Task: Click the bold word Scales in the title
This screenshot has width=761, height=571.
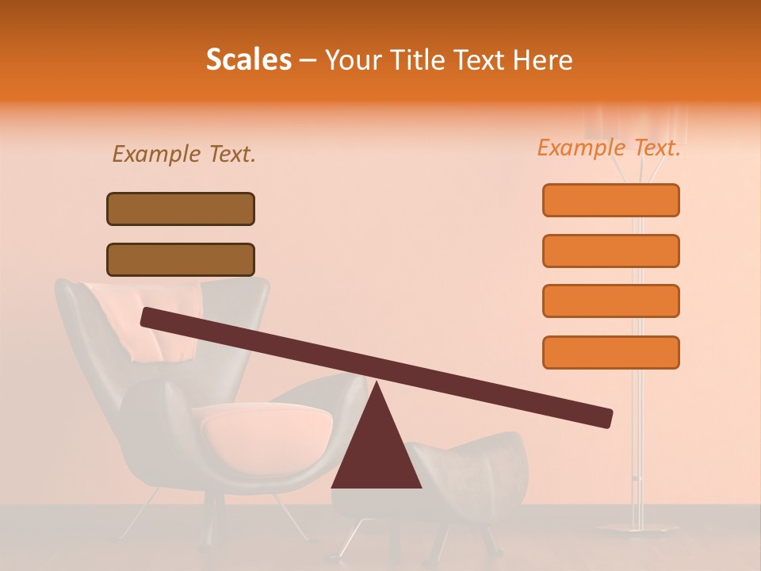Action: pos(248,60)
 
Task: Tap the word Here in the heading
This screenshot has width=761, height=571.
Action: pos(543,60)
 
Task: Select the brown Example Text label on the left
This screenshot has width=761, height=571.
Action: pos(183,155)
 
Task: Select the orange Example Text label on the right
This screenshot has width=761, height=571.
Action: pos(609,148)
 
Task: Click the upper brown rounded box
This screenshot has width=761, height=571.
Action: pos(181,209)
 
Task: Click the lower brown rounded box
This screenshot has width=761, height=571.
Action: pos(181,259)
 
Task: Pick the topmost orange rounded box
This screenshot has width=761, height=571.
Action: pos(610,200)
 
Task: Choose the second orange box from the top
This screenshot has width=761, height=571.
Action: pos(610,251)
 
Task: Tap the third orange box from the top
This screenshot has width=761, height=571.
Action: pos(610,301)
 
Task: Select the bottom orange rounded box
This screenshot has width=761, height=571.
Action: pos(610,352)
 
